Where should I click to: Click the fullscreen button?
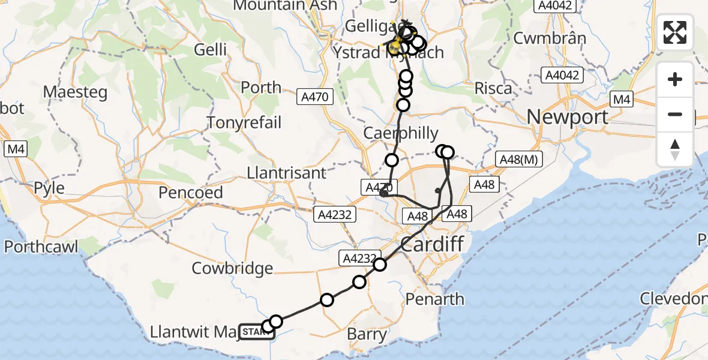click(x=675, y=32)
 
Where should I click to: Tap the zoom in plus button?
click(x=675, y=79)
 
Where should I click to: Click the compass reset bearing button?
click(x=675, y=149)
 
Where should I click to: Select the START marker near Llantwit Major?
click(x=256, y=331)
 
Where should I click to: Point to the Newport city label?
click(x=568, y=116)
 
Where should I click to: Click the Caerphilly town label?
click(x=401, y=133)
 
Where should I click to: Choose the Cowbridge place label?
click(x=232, y=268)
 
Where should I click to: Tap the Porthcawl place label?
click(x=41, y=247)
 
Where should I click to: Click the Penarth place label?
click(x=435, y=298)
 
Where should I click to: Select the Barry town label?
click(x=367, y=334)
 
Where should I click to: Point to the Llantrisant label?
click(x=287, y=173)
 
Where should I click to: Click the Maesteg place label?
click(x=75, y=92)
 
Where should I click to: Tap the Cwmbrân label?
click(x=550, y=38)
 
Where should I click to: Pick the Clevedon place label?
click(x=673, y=298)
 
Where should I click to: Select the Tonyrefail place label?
click(x=244, y=122)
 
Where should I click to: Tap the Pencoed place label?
click(x=191, y=193)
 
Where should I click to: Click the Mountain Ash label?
click(x=276, y=5)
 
